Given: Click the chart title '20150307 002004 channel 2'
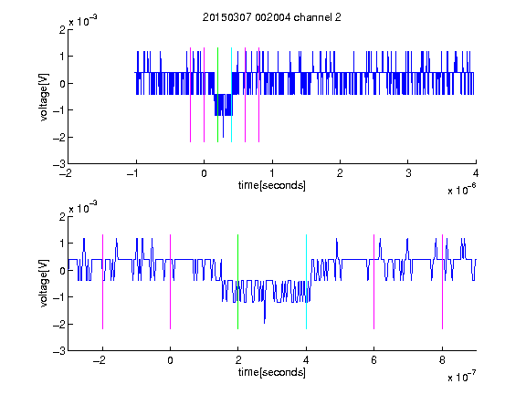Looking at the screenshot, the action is pos(272,17).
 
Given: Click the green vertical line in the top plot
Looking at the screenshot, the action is pos(217,95).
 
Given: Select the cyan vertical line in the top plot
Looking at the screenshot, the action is pos(231,95).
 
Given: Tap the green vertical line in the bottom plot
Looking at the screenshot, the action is pos(237,282).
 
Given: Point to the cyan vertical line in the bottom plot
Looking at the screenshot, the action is pos(306,282).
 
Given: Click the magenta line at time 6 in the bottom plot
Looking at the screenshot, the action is pos(374,282).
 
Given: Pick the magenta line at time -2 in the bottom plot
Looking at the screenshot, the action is pos(102,282).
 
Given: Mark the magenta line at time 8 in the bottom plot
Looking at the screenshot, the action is pos(443,282).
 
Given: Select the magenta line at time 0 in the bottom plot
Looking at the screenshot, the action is pos(171,282).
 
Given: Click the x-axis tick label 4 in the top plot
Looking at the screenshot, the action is pos(476,173).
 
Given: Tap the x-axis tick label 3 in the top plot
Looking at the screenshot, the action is pos(408,173).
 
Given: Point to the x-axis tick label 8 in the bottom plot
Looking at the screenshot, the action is pos(442,360).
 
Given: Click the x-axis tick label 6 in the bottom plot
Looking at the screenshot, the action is pos(374,360).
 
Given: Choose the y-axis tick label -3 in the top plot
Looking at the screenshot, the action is pos(59,164).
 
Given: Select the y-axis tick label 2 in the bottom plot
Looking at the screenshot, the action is pos(62,216).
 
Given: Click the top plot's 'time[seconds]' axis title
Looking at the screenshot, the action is pos(272,185).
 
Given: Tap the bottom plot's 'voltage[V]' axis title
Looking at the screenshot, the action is pos(44,284).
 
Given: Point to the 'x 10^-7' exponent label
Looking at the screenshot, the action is pos(461,377).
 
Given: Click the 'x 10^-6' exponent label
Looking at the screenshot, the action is pos(461,190).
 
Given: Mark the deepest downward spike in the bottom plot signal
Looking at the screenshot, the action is pos(264,323).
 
